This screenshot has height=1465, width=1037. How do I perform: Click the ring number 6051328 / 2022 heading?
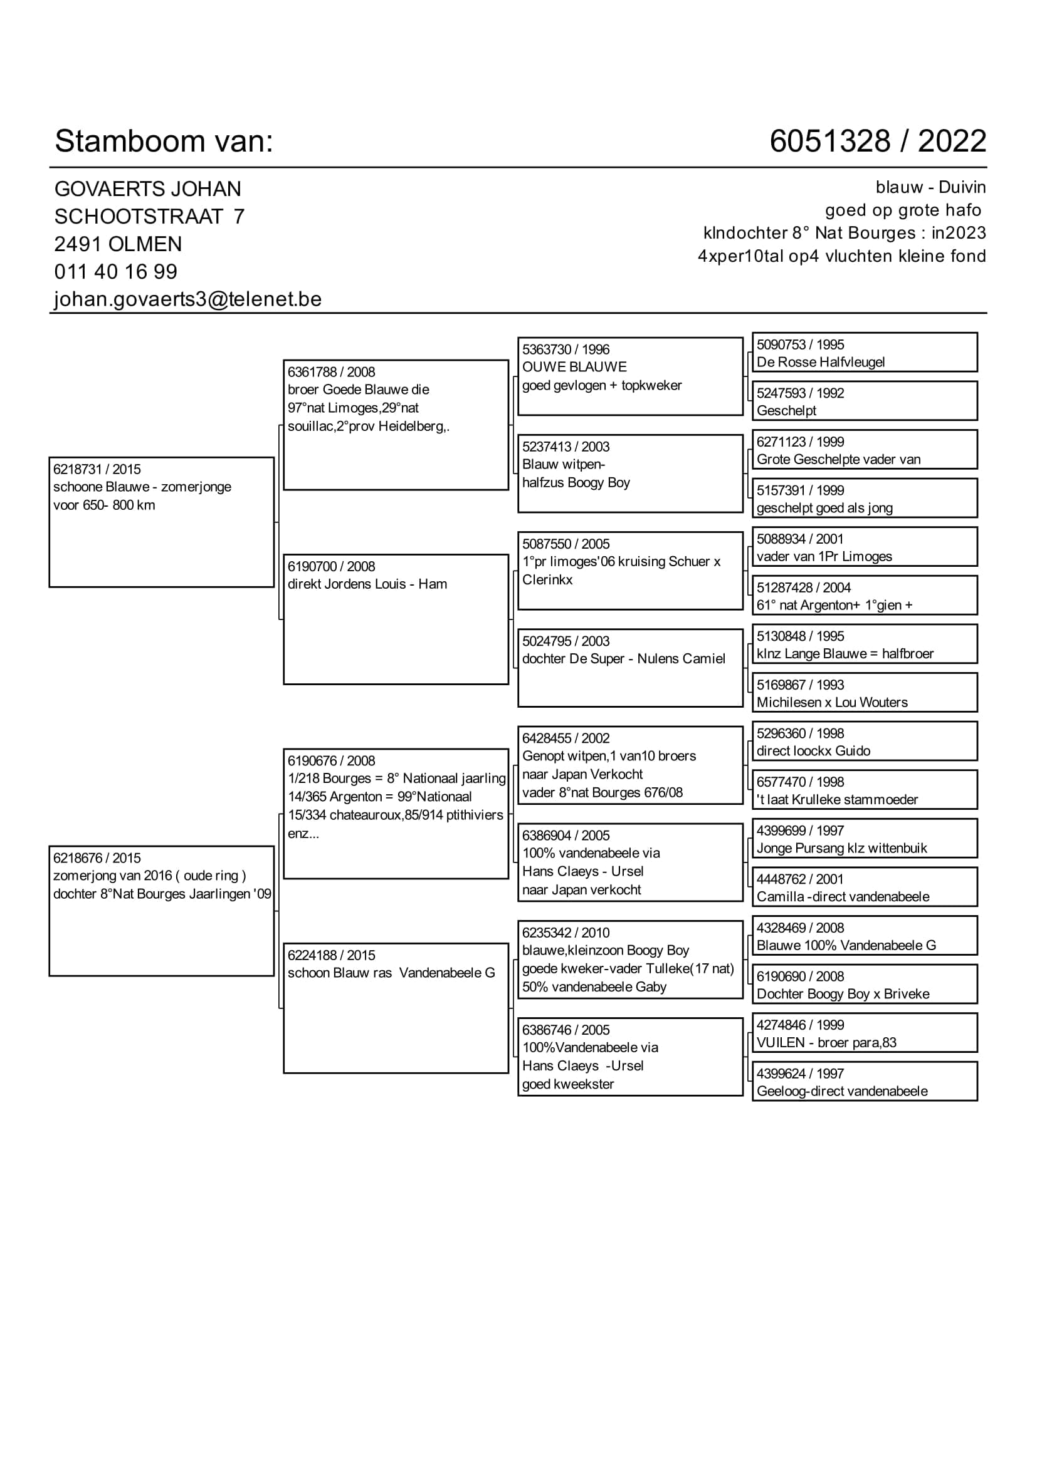pos(877,141)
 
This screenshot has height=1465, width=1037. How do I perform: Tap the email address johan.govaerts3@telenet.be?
pos(187,299)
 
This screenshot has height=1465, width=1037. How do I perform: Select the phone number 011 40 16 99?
pos(115,272)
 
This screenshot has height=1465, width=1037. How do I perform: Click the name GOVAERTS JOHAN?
pos(147,189)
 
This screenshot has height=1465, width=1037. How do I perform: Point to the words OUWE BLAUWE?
pos(574,367)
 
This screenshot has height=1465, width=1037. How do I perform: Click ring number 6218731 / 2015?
pos(97,469)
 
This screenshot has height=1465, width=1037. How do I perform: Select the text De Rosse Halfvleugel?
pos(821,363)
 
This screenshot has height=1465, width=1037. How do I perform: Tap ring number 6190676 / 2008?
pos(331,760)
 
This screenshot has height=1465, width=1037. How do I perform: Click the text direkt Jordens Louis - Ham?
pos(367,584)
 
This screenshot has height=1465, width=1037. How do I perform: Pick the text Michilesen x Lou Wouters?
pos(831,703)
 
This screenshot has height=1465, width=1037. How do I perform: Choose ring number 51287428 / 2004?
pos(803,588)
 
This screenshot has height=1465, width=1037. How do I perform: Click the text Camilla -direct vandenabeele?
pos(843,896)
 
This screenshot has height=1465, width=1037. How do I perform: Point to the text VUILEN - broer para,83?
pos(826,1043)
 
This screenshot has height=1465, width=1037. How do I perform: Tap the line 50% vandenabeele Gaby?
pos(594,986)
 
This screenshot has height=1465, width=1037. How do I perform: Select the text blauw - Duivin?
pos(930,188)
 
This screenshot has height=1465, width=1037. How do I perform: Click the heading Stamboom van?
pos(164,141)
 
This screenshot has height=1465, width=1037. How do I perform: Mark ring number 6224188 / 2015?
pos(331,955)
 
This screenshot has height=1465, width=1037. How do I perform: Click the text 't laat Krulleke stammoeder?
pos(836,799)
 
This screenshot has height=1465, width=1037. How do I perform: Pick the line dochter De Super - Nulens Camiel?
pos(623,658)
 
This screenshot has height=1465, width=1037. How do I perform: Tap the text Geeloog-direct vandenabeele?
pos(841,1091)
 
